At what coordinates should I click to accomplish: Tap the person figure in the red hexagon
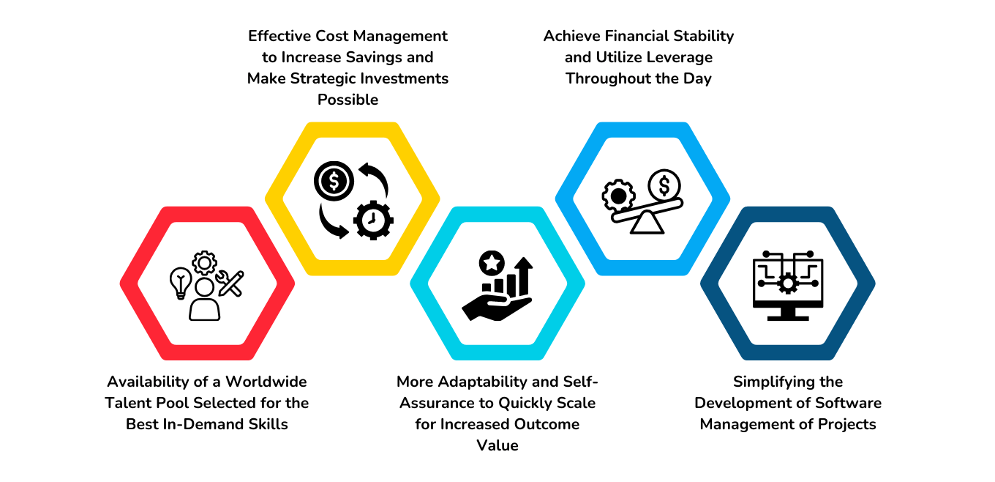(x=204, y=300)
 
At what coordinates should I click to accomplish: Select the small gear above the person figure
(x=204, y=262)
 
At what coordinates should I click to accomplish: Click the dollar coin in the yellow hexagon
(x=333, y=180)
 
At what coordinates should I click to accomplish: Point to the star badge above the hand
(x=491, y=262)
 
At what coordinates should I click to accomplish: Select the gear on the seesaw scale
(x=618, y=196)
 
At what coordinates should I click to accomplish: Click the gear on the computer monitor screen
(x=788, y=283)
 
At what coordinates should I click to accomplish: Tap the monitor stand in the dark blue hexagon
(x=788, y=314)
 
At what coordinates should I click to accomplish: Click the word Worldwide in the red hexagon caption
(x=266, y=382)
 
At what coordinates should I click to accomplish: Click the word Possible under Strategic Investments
(x=348, y=100)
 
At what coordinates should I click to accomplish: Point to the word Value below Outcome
(x=497, y=445)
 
